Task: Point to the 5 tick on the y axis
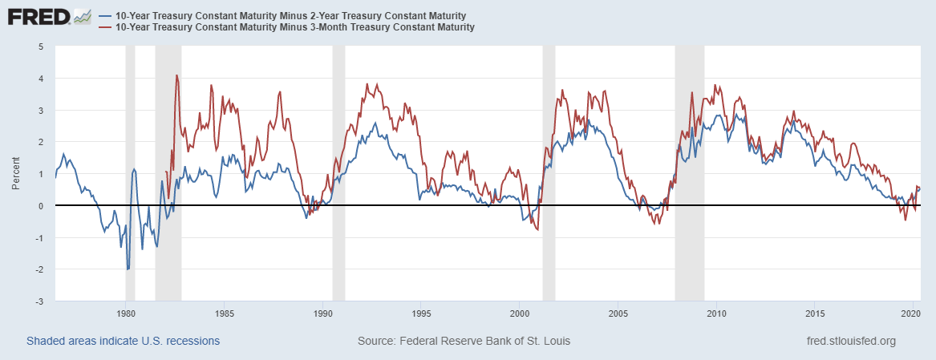click(40, 47)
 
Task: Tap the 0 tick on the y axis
click(40, 206)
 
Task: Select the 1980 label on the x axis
click(126, 313)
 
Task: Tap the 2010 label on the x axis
click(717, 313)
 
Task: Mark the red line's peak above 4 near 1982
click(176, 75)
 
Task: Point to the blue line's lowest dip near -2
click(128, 269)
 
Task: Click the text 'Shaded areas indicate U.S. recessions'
click(124, 341)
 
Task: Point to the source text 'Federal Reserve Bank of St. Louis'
click(484, 341)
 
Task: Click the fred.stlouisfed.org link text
click(852, 341)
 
